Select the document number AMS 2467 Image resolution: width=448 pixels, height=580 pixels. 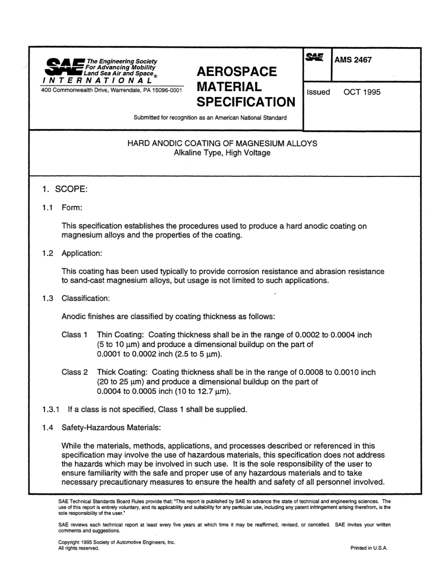click(353, 60)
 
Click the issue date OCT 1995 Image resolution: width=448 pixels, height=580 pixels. click(362, 92)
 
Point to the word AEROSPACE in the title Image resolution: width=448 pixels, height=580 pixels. click(236, 72)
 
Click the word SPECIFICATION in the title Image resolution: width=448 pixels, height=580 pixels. click(245, 102)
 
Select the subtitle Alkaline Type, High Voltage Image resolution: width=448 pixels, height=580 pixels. click(222, 153)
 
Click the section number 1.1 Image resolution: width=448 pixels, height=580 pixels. click(48, 208)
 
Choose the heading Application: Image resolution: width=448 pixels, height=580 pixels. click(82, 253)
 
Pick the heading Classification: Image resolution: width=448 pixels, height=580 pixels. click(85, 298)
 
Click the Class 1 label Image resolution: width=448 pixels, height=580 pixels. click(75, 335)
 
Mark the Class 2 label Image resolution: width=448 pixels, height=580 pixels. click(75, 372)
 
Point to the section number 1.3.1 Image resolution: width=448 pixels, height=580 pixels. click(50, 409)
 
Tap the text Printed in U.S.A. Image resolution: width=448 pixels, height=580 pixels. click(369, 548)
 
